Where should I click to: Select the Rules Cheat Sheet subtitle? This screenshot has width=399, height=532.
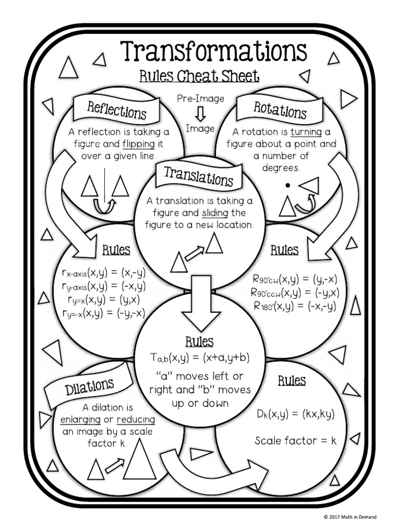[199, 76]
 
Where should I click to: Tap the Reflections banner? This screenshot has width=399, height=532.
[116, 110]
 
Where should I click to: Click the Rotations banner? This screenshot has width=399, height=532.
[280, 110]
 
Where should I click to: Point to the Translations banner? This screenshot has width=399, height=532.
[198, 177]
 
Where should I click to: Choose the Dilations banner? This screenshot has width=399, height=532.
[89, 387]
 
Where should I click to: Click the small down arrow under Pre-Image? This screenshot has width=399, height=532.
[201, 113]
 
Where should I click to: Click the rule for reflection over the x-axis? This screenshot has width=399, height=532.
[102, 272]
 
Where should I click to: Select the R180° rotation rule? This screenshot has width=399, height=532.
[295, 306]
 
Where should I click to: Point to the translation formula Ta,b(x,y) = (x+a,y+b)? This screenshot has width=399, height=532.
[199, 358]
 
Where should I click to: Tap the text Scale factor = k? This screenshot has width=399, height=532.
[295, 441]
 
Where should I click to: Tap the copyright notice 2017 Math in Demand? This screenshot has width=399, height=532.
[350, 517]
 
